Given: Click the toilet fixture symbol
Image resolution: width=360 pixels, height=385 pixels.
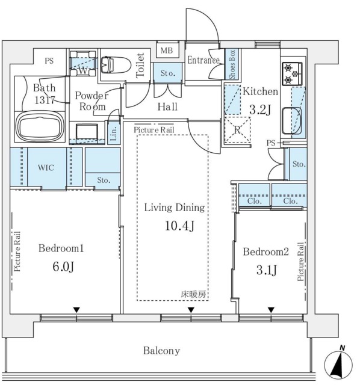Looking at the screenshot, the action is (116, 65).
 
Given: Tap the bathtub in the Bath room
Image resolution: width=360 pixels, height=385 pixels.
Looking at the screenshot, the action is (40, 127).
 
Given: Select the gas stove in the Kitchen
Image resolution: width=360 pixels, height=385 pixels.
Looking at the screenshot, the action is (292, 73).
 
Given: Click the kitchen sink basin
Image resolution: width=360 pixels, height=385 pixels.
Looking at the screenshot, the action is (292, 120).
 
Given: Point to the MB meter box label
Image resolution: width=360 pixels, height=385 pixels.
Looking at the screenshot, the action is (167, 51).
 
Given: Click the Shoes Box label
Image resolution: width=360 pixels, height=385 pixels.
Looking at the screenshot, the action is (232, 64).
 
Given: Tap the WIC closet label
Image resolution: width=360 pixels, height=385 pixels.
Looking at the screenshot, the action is (46, 168).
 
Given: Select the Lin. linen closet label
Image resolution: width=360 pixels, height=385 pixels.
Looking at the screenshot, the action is (114, 133).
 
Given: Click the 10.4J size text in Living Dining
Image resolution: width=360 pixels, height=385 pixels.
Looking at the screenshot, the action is (179, 226).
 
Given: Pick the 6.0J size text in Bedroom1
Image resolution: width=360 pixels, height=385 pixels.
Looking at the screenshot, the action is (63, 266).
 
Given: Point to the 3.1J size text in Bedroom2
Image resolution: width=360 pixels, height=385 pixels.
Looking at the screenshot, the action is (267, 270).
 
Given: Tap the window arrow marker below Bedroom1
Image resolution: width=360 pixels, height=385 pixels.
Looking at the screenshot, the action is (76, 310).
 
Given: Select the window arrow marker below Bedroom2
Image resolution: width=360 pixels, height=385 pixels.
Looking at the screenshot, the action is (271, 310).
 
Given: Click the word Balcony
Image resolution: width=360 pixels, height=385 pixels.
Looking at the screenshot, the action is (161, 351).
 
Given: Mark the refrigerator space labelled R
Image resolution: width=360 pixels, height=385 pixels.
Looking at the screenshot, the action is (237, 130).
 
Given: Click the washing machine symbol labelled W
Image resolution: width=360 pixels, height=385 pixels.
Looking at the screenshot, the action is (82, 64).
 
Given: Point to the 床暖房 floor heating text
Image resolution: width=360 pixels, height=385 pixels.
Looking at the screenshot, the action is (193, 294).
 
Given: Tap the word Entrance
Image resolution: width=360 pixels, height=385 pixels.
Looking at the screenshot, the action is (203, 60).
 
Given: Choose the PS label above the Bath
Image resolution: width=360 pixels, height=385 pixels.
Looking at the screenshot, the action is (49, 61).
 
